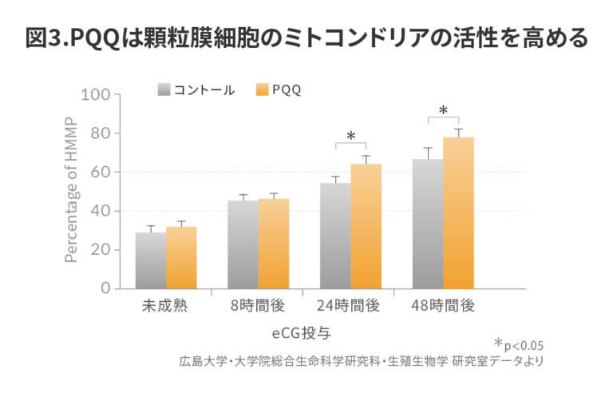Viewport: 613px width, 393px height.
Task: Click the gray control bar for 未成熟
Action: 151,260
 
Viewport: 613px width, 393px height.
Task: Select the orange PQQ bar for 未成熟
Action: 181,258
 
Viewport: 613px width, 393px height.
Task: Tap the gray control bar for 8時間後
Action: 243,244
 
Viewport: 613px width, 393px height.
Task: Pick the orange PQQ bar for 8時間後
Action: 273,244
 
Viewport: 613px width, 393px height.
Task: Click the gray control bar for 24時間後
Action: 335,236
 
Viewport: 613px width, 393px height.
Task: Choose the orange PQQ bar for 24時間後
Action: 366,226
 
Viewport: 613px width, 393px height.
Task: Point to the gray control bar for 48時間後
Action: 428,224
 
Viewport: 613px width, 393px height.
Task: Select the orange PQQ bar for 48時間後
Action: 458,213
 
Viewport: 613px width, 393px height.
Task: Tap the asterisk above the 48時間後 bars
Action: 443,111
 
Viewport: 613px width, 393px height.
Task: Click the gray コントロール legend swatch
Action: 164,89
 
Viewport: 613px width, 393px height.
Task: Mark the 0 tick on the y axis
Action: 105,288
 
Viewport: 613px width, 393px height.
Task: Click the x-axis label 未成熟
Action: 165,307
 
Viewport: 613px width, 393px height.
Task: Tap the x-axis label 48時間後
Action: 443,307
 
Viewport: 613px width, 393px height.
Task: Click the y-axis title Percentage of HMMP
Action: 72,192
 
